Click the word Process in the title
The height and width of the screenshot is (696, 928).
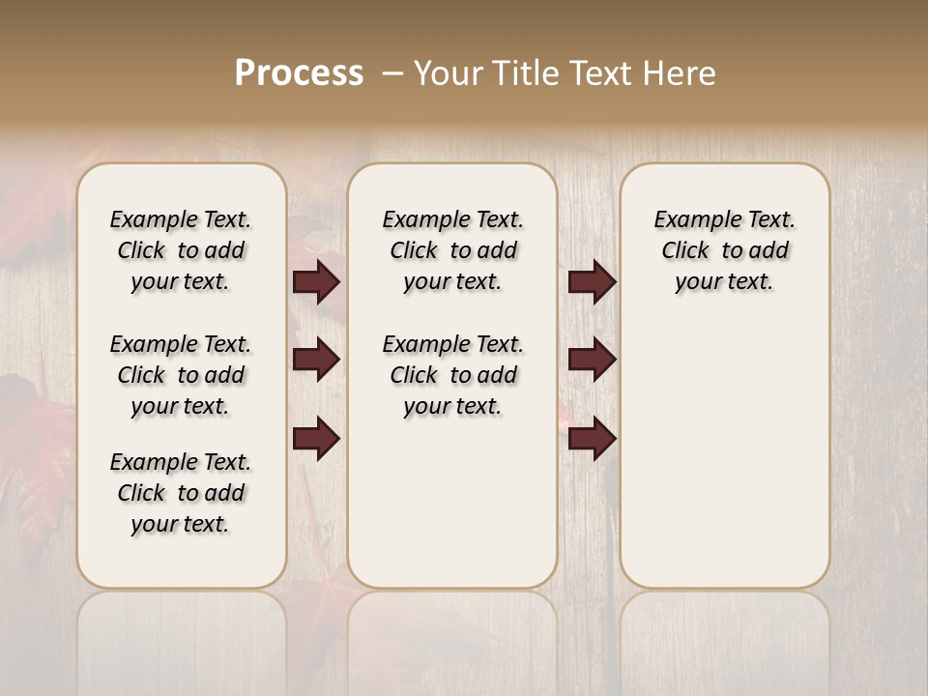pos(299,73)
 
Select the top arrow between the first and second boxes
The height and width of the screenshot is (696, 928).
pos(316,282)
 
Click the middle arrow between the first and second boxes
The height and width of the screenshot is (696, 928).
pos(316,361)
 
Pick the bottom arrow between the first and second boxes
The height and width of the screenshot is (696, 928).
pos(316,440)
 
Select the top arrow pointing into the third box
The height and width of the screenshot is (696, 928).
pos(592,282)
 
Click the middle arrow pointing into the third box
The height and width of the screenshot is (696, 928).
pos(592,361)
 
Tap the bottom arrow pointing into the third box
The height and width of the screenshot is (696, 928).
pos(592,440)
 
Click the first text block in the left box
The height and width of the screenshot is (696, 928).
pos(181,250)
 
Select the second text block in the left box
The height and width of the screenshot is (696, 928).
pos(181,375)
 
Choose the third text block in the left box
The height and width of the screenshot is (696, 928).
pos(181,493)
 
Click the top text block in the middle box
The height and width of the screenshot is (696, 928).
pos(452,250)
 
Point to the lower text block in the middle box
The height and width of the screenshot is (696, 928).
pos(452,375)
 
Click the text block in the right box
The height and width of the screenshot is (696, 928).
pos(725,250)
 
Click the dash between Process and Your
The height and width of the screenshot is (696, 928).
pos(392,73)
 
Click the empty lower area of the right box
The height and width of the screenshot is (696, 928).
pos(725,454)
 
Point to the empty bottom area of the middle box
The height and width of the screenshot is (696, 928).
pos(452,512)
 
